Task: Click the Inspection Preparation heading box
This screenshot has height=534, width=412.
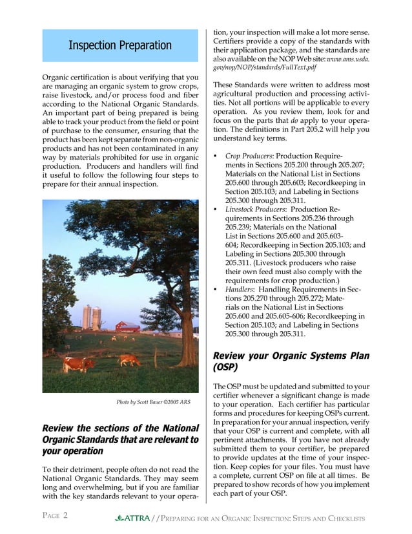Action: (120, 45)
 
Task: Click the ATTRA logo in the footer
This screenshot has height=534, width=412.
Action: (132, 518)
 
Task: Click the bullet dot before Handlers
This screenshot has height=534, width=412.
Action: (215, 289)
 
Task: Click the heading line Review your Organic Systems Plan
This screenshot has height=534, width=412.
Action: (291, 356)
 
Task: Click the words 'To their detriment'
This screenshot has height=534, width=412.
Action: (74, 469)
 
